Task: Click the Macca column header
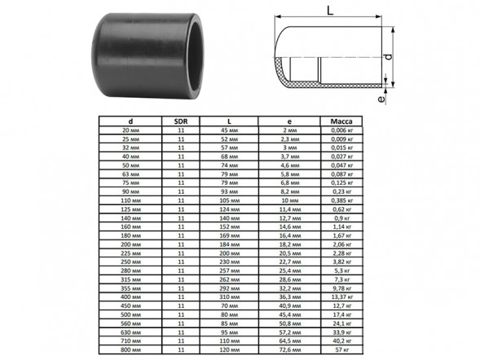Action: point(341,121)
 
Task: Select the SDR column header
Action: point(181,121)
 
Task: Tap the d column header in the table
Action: point(130,121)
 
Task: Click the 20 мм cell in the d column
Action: point(130,130)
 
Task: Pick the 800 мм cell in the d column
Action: point(130,349)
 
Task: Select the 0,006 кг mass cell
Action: point(342,130)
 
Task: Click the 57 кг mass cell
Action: point(342,349)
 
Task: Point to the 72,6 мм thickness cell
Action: point(289,349)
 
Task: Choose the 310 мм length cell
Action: point(229,297)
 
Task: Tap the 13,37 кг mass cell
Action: point(342,297)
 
